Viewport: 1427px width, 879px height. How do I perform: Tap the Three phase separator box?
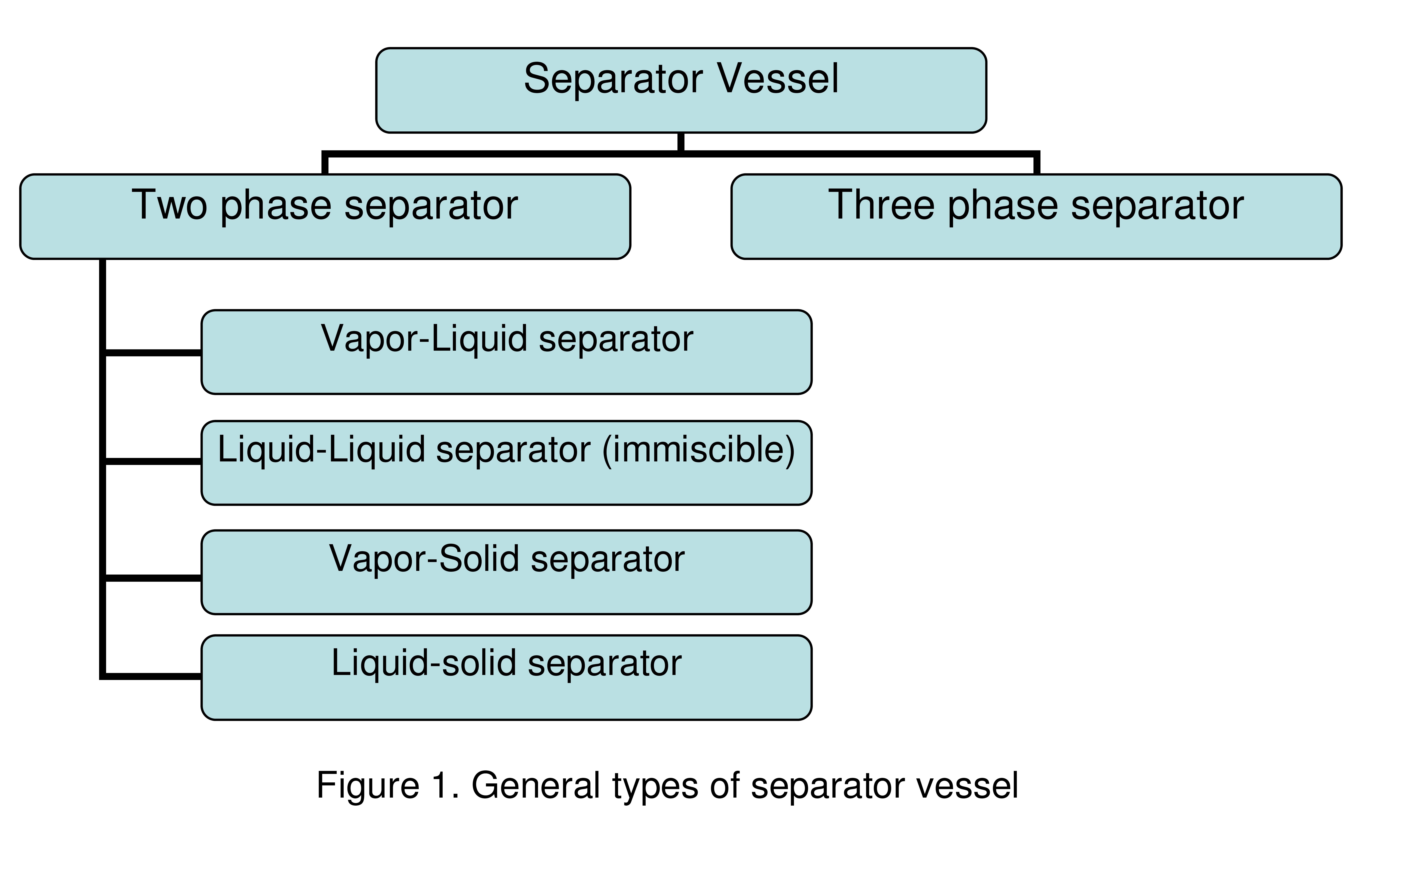[x=1036, y=216]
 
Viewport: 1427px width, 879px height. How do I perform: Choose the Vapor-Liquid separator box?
[x=506, y=352]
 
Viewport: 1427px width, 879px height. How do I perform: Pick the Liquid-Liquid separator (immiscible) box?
[x=506, y=463]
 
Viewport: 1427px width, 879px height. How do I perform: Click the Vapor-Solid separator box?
[x=506, y=572]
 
